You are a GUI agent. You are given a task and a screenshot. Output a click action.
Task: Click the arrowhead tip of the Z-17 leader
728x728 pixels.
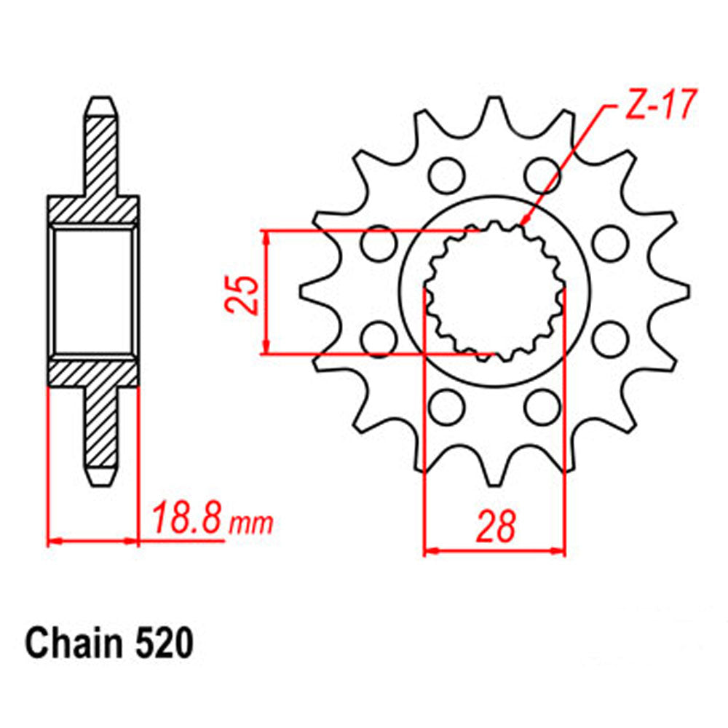coord(523,223)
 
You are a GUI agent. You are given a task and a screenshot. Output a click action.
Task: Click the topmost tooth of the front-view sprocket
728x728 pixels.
coord(494,109)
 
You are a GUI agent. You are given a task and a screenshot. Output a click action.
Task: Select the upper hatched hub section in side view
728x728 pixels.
coord(93,211)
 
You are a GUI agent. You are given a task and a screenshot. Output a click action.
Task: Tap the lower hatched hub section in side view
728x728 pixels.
coord(93,373)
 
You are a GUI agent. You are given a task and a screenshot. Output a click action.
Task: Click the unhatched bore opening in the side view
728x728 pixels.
coord(93,292)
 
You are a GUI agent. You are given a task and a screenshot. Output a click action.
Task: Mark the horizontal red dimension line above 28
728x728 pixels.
coord(495,551)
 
